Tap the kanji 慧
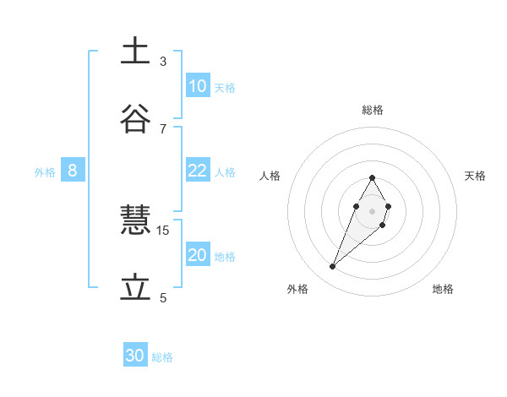(x=135, y=222)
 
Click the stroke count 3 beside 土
(x=163, y=62)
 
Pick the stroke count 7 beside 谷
(x=163, y=128)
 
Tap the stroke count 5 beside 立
(x=163, y=298)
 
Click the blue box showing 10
(x=197, y=86)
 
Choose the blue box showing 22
(x=197, y=171)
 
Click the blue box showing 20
(x=197, y=255)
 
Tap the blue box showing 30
(x=135, y=356)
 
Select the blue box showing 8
(x=73, y=171)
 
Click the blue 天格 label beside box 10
(x=225, y=87)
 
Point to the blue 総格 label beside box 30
(x=162, y=357)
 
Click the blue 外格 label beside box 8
(x=45, y=171)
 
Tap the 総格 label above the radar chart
(x=373, y=110)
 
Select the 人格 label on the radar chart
(x=270, y=176)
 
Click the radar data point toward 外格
(x=333, y=267)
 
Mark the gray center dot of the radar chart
(x=372, y=210)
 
